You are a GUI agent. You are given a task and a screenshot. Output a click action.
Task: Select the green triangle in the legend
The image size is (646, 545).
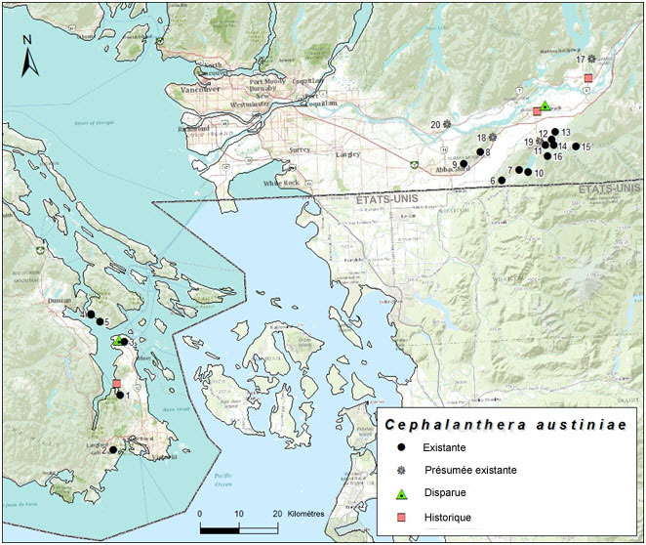tap(402, 493)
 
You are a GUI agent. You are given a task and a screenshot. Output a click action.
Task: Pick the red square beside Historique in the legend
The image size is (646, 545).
tap(402, 517)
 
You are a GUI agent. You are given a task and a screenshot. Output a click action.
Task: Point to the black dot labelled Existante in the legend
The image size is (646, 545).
tap(402, 447)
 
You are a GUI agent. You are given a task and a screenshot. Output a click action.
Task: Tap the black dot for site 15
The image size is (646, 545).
tap(576, 147)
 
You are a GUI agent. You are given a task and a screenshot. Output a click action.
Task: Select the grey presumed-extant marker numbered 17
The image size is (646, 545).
tap(592, 61)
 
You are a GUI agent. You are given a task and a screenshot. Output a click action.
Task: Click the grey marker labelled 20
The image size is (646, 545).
tap(447, 125)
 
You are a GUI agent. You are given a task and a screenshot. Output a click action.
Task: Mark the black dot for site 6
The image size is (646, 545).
tap(502, 181)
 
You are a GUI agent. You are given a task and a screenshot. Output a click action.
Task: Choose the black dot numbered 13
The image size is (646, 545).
tap(555, 132)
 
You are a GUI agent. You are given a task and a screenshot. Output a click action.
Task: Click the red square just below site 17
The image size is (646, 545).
tap(587, 78)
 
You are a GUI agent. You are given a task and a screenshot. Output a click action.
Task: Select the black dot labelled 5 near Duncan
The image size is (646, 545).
tap(91, 314)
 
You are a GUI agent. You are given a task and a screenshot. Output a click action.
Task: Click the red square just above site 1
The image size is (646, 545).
tap(116, 384)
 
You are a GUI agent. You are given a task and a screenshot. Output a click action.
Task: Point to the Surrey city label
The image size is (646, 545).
tap(300, 150)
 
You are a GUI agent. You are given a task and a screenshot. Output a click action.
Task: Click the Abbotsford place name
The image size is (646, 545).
tap(455, 168)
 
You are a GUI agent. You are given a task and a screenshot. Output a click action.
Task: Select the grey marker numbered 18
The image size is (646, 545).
tap(494, 138)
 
